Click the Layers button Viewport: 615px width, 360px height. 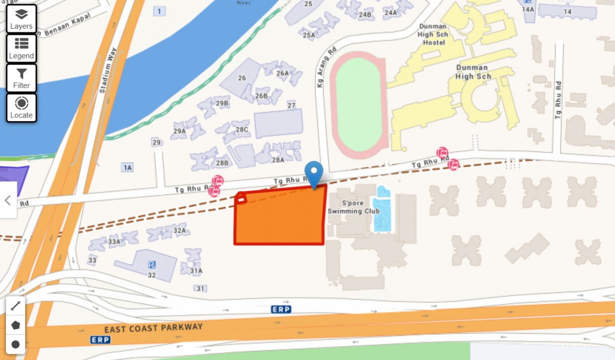(x=21, y=18)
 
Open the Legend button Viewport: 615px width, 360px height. (x=21, y=48)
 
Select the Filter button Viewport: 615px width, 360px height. (x=21, y=78)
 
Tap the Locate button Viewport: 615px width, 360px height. (x=21, y=108)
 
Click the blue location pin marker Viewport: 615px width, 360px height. (x=314, y=173)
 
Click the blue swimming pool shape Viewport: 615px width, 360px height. (x=382, y=210)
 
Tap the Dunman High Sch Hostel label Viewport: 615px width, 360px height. (x=434, y=34)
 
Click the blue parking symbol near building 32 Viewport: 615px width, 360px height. (x=152, y=265)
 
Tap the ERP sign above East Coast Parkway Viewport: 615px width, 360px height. (x=280, y=309)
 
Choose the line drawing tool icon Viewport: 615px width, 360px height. (x=15, y=306)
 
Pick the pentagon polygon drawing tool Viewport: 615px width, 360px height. (x=15, y=325)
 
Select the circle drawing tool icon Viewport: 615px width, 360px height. (x=15, y=344)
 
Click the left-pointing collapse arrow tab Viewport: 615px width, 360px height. (x=8, y=200)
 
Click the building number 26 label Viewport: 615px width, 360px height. (x=242, y=78)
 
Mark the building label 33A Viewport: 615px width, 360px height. (x=114, y=241)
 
